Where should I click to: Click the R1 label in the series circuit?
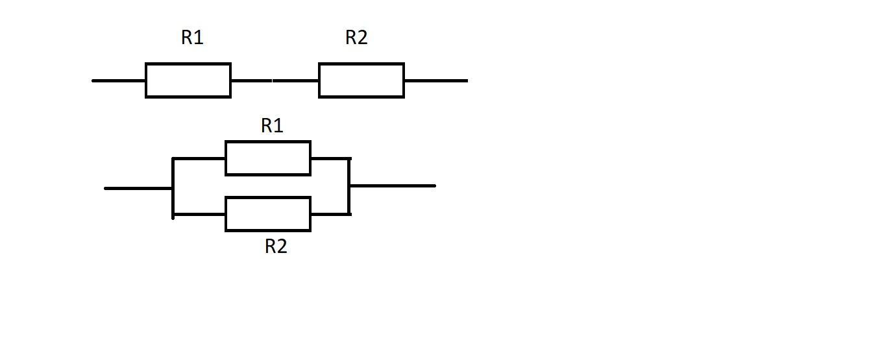pos(192,38)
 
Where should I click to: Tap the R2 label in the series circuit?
pos(356,38)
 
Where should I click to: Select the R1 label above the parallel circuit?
pos(272,126)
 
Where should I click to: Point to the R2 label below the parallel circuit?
pos(276,246)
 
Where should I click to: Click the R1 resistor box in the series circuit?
pos(188,80)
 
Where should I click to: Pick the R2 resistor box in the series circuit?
pos(361,80)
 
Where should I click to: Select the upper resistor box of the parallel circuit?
pos(268,158)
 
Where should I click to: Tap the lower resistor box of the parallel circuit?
pos(268,214)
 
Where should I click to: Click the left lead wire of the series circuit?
pos(119,80)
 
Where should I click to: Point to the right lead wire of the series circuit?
pos(435,80)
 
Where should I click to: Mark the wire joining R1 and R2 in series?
pos(275,80)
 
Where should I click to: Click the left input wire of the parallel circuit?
pos(138,188)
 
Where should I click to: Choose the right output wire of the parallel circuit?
pos(393,186)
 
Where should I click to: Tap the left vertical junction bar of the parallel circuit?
pos(173,187)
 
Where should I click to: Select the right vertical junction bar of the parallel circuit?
pos(350,186)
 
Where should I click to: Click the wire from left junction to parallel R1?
pos(199,158)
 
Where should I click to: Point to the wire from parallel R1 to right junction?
pos(330,158)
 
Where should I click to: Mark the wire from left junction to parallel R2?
pos(199,214)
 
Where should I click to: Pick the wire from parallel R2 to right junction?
pos(330,214)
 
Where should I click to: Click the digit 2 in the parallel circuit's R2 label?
pos(282,246)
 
